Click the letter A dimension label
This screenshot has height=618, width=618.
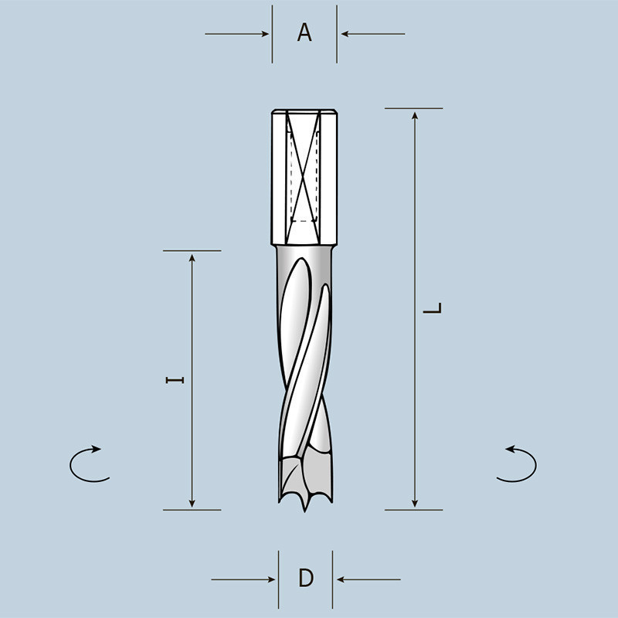[304, 33]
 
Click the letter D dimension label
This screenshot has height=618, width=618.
[306, 578]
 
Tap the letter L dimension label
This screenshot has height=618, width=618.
[436, 308]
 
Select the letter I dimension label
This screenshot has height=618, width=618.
[177, 379]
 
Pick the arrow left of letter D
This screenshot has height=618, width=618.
[244, 579]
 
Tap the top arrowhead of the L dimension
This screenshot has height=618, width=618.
[416, 116]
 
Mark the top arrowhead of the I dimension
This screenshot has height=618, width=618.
[192, 258]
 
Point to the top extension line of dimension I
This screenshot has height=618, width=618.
[192, 250]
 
